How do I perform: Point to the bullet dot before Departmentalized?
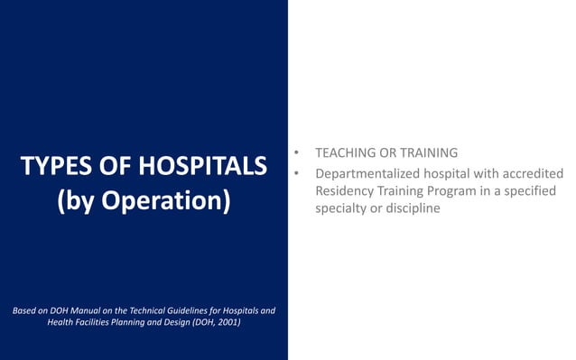[296, 173]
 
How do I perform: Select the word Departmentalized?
[371, 173]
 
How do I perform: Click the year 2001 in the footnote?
[228, 322]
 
